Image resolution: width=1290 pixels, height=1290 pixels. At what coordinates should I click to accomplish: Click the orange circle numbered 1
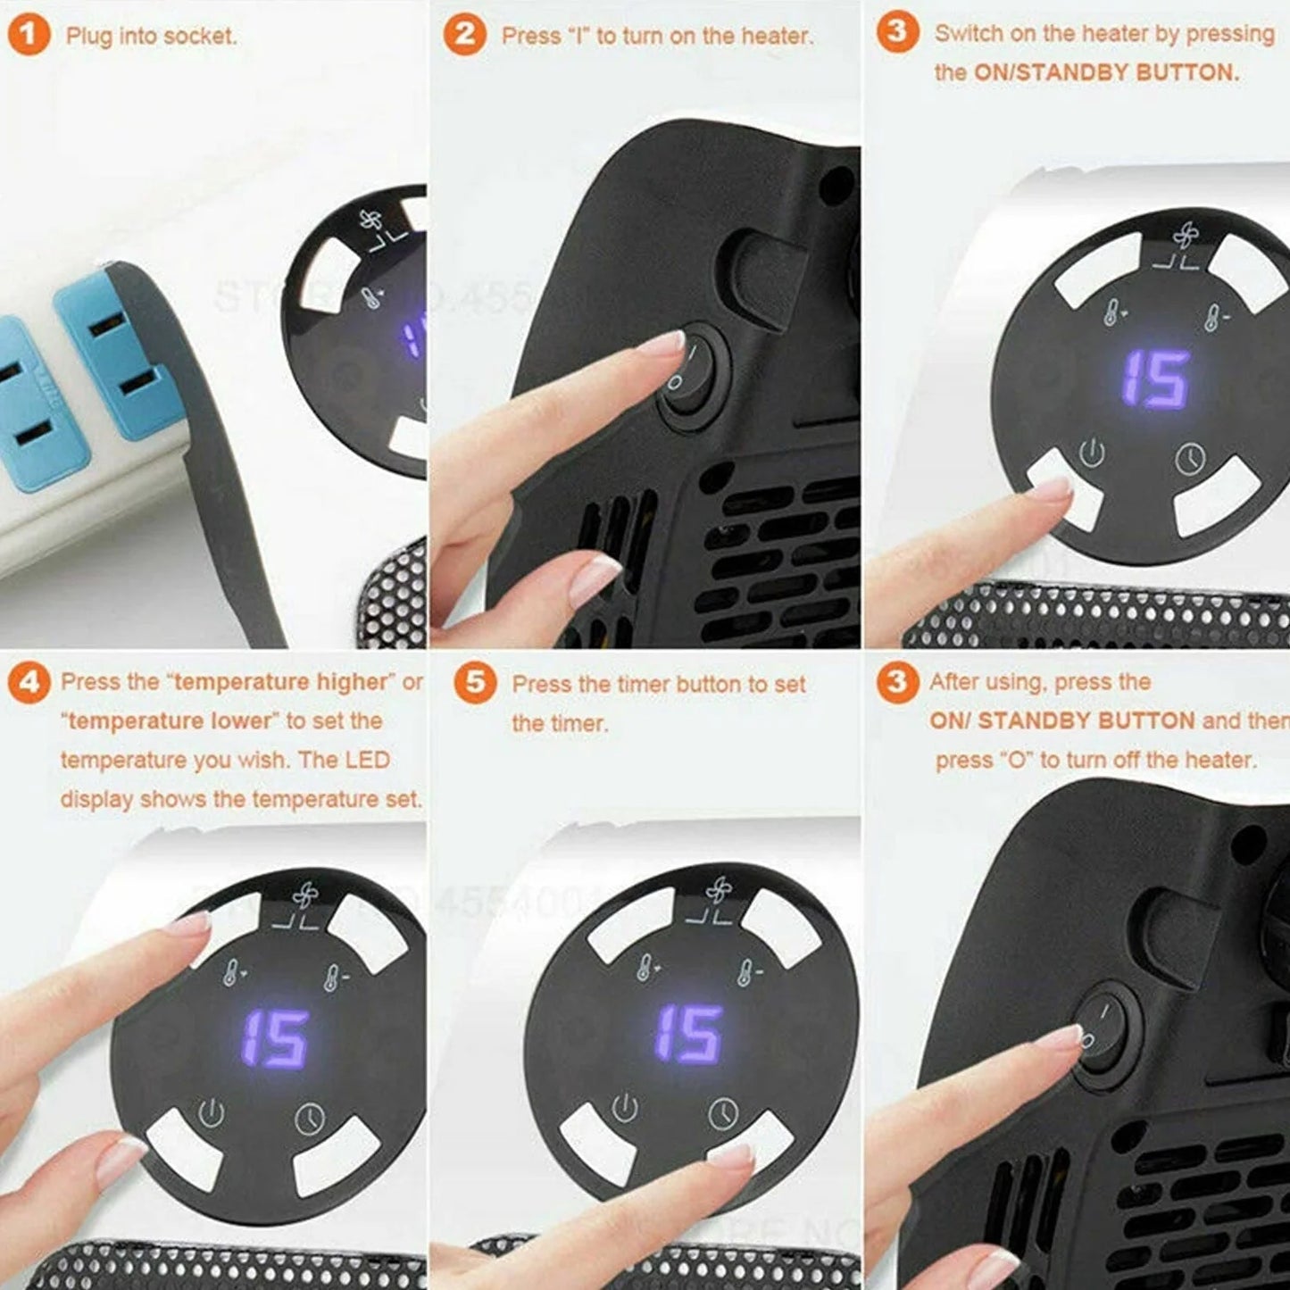(29, 36)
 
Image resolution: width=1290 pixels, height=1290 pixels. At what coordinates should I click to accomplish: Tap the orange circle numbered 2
(464, 36)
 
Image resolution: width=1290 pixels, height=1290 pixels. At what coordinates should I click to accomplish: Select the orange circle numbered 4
(29, 683)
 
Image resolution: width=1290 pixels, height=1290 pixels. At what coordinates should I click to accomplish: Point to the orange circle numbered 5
(475, 683)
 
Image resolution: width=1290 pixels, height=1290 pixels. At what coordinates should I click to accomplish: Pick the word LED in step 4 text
(369, 761)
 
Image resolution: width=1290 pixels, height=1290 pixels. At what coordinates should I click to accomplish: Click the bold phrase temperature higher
(282, 682)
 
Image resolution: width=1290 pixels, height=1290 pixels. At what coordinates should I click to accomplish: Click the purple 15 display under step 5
(688, 1034)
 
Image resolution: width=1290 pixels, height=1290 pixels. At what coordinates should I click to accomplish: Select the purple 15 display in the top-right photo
(1155, 379)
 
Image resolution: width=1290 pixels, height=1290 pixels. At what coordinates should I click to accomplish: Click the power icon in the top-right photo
(1091, 454)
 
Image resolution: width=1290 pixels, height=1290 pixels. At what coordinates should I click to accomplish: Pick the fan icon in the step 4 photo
(304, 895)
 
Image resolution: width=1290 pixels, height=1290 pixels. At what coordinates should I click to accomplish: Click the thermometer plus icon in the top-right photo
(1112, 312)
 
